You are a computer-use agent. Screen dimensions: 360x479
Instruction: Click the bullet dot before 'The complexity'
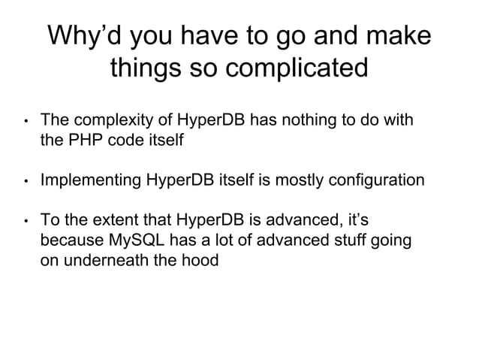click(25, 121)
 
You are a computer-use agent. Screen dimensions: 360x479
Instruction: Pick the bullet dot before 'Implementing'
click(25, 181)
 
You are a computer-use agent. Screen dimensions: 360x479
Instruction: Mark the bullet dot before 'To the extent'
click(25, 222)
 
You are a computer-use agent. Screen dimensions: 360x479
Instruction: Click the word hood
click(202, 262)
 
